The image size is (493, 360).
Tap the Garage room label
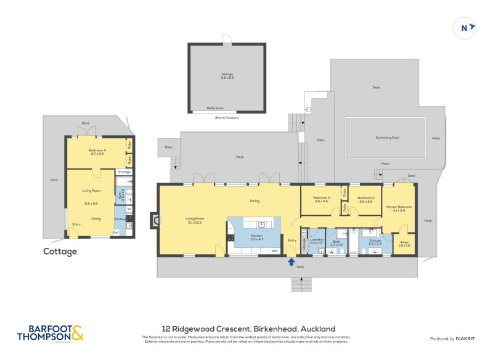[x=227, y=76]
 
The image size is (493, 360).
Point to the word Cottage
[x=60, y=252]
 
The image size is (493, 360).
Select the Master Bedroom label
[x=399, y=208]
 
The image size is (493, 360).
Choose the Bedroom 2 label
[x=365, y=199]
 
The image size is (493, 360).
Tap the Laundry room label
[x=317, y=240]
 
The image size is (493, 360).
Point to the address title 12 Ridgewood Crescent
[x=249, y=329]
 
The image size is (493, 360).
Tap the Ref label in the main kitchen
[x=274, y=251]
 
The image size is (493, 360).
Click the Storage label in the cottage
[x=124, y=172]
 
